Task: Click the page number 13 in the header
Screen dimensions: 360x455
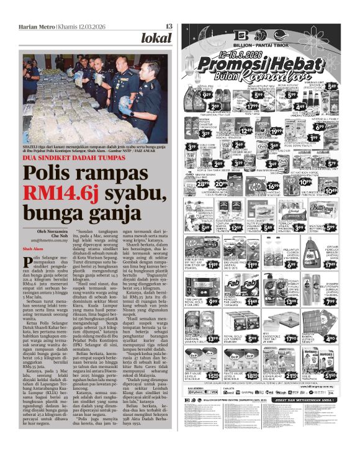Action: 169,26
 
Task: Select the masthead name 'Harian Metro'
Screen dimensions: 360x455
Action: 36,26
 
